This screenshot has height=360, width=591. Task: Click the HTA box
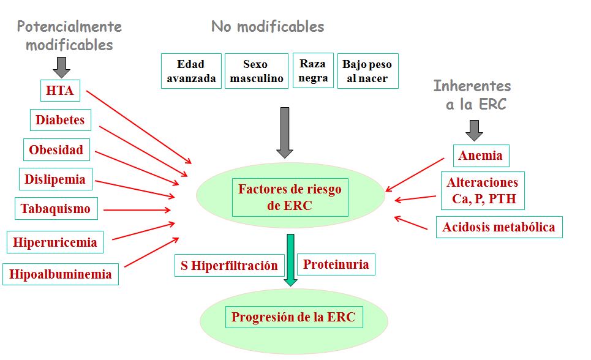tap(59, 91)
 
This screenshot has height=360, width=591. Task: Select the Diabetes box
tap(60, 120)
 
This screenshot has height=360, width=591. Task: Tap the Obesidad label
tap(56, 149)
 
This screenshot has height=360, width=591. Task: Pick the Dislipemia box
tap(55, 179)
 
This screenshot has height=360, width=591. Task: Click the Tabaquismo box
tap(55, 209)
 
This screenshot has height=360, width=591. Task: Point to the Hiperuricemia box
tap(55, 242)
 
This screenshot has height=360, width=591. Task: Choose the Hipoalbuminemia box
tap(61, 274)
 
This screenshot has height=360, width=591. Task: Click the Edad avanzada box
tap(191, 71)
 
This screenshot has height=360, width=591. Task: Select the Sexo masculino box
tap(255, 71)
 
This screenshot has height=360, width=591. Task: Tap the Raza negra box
tap(313, 70)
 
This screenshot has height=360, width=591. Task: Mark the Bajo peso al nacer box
tap(367, 71)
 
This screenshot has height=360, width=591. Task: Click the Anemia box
tap(481, 156)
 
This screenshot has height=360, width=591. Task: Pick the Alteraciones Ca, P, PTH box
tap(483, 190)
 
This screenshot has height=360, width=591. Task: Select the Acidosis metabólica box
tap(499, 227)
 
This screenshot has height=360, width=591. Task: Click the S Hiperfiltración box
tap(229, 265)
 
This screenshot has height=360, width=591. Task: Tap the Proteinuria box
tap(336, 264)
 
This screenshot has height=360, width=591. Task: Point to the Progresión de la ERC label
tap(293, 318)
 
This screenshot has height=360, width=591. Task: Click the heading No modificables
tap(268, 27)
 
